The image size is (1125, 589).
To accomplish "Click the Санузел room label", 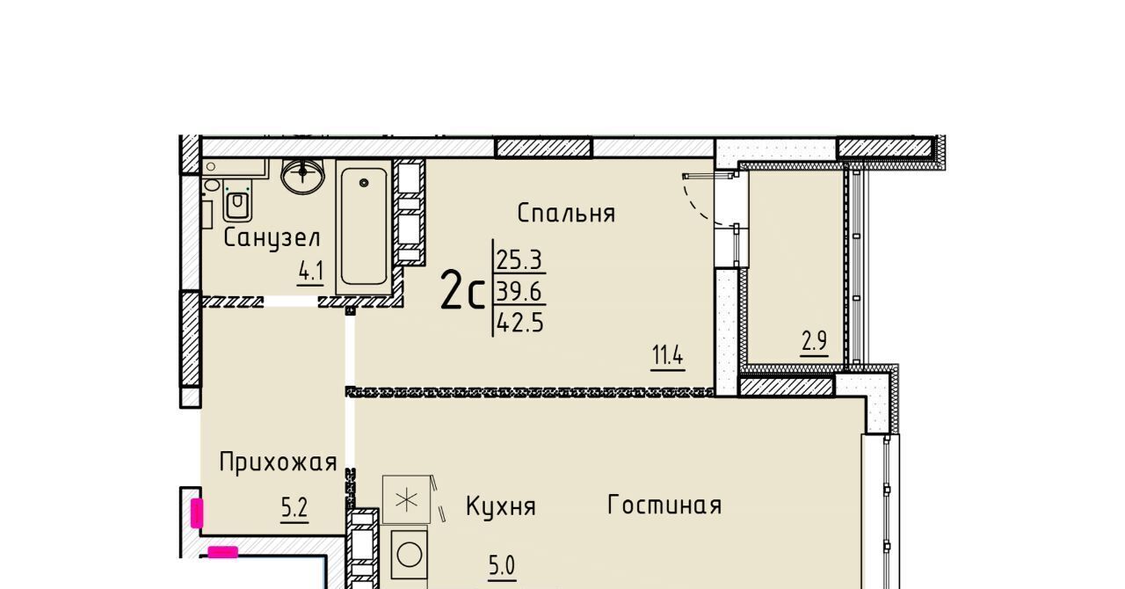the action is tap(272, 237).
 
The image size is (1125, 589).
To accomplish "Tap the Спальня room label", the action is tap(566, 213).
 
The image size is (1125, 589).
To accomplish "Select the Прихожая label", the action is tap(278, 462).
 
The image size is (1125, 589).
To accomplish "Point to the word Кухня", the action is tap(501, 506).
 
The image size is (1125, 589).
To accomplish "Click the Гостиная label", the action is tap(664, 505).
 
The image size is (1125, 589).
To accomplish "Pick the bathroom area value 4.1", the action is tap(310, 272).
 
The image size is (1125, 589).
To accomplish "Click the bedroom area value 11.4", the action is tap(667, 356).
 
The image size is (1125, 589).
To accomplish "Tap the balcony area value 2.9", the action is tap(814, 341).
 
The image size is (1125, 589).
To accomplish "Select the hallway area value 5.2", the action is tap(294, 508).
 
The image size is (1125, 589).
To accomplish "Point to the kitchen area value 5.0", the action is tap(502, 565).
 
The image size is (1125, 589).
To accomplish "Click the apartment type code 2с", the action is tap(462, 296).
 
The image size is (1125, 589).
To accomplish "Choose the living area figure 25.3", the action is tap(519, 260).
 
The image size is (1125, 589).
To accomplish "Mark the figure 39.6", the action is tap(519, 291).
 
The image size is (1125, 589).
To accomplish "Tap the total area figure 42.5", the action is tap(519, 322).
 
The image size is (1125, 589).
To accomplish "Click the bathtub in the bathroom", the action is tap(364, 227).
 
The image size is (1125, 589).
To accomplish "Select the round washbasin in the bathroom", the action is tap(302, 174).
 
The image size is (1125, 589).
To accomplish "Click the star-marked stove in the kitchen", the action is tap(406, 500).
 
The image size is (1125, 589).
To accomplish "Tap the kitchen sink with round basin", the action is tap(409, 556).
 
